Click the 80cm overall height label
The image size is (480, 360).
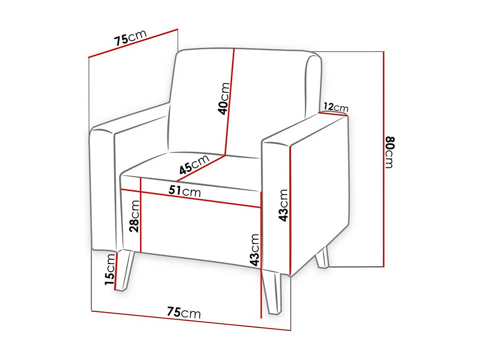(x=390, y=152)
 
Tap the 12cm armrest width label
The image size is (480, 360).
(x=336, y=108)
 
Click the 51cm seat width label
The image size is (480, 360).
(x=185, y=192)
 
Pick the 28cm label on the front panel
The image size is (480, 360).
(x=134, y=216)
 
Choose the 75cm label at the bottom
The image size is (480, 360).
(x=184, y=313)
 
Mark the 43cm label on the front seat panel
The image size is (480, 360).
(x=255, y=250)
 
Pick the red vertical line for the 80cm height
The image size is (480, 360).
(x=384, y=159)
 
